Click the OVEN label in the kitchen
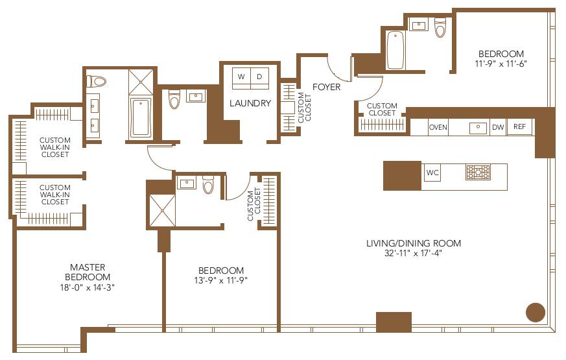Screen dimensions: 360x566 [x=438, y=127]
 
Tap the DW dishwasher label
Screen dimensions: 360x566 [x=498, y=127]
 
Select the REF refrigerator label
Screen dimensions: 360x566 [x=519, y=127]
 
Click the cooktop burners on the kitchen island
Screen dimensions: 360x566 [x=478, y=172]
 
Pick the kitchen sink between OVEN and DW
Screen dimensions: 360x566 [x=478, y=127]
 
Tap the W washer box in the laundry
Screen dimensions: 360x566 [x=241, y=77]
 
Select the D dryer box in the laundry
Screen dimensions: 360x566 [x=259, y=77]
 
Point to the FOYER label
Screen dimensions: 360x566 [x=326, y=87]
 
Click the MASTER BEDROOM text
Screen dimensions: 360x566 [x=88, y=272]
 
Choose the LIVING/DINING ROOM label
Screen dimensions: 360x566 [x=413, y=243]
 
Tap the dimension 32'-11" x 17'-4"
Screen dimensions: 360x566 [x=413, y=254]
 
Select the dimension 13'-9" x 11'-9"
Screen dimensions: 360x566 [x=221, y=281]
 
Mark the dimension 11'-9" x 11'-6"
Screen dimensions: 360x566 [x=501, y=64]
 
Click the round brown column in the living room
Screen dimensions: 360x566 [x=535, y=312]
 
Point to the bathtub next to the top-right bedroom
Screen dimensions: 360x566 [x=395, y=49]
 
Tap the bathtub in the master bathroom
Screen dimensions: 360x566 [x=140, y=117]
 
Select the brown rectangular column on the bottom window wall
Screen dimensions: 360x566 [x=394, y=322]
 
